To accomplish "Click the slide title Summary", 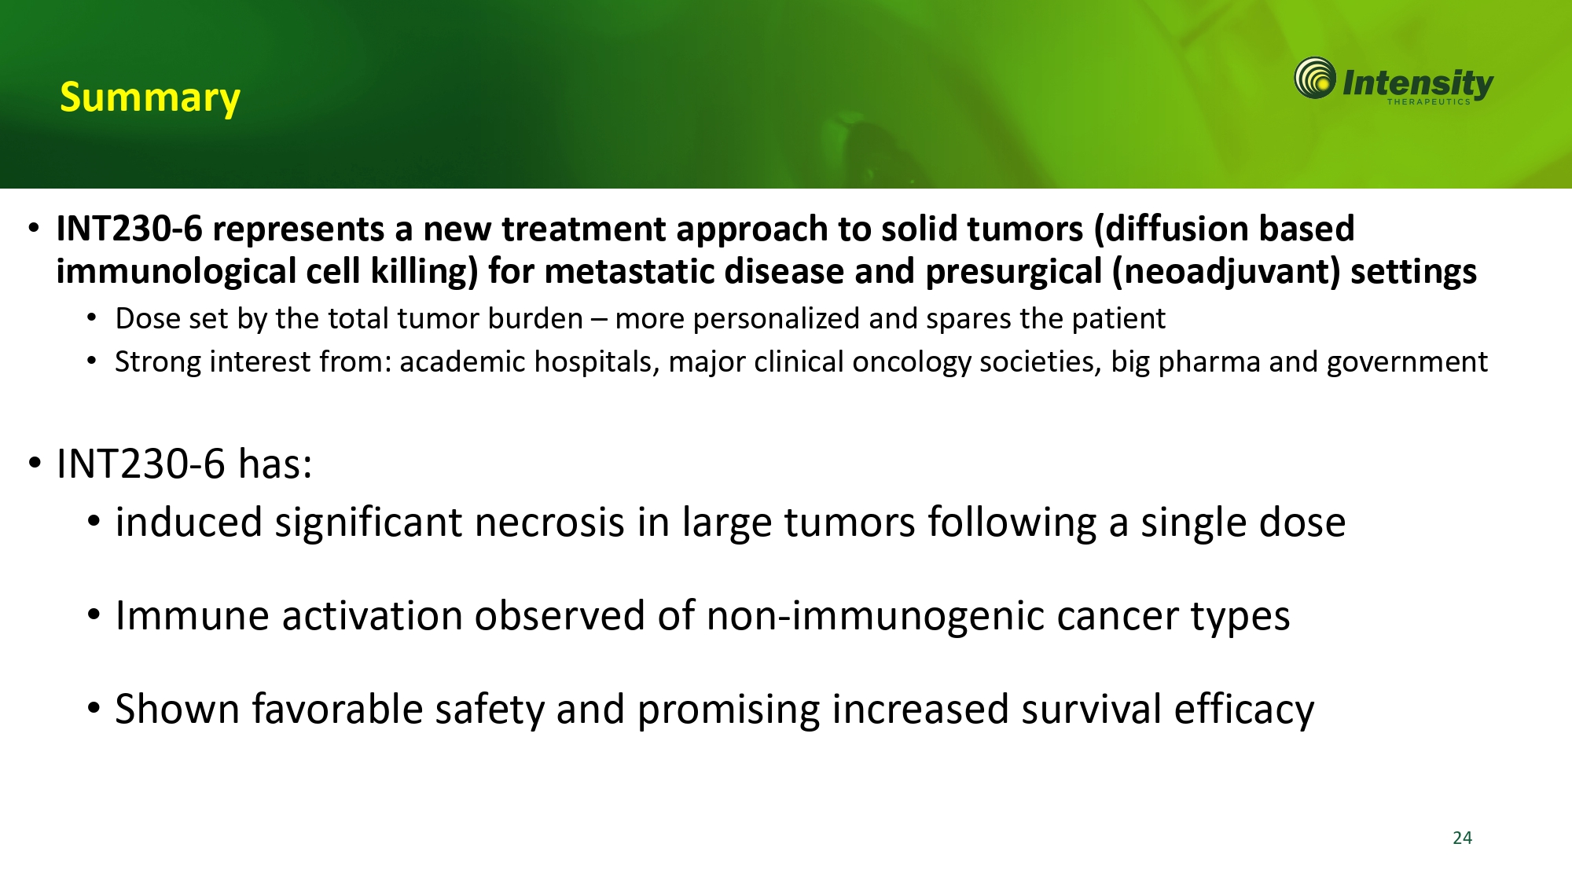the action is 150,99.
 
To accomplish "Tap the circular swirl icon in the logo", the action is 1315,78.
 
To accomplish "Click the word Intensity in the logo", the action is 1417,83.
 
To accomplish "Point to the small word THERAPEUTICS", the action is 1428,101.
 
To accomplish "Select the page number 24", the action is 1462,838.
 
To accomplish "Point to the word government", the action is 1407,363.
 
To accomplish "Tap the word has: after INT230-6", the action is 275,464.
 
